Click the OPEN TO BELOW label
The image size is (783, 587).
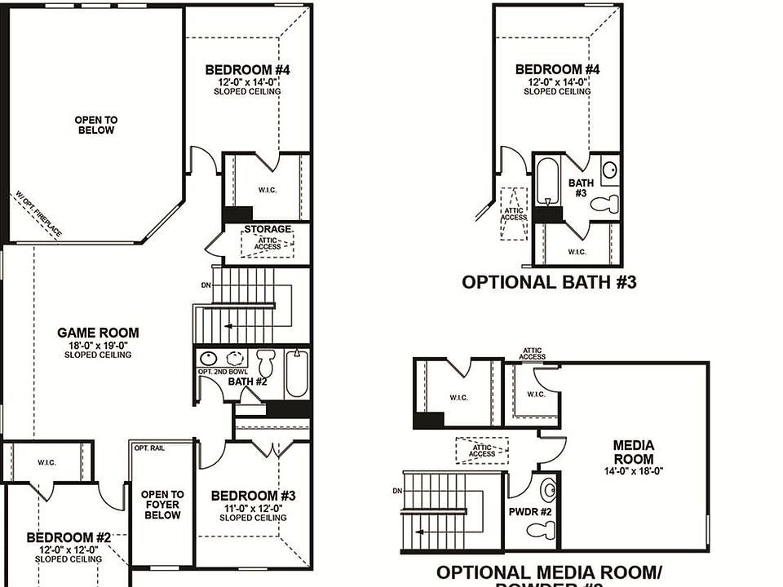96,125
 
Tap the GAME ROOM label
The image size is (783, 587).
98,333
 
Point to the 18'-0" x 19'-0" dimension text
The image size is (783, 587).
98,345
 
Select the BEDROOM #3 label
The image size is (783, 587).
253,496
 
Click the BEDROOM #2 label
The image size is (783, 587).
69,537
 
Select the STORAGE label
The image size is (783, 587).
268,230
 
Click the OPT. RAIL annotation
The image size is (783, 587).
150,448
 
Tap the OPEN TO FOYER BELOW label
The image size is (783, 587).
162,505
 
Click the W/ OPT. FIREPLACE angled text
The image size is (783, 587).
38,214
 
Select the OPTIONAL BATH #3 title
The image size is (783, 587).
549,282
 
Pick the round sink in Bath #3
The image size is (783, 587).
609,170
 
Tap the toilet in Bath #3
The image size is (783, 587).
605,204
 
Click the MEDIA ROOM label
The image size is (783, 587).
634,452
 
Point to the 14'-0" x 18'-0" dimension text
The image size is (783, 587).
634,470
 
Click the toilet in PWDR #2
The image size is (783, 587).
539,531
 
